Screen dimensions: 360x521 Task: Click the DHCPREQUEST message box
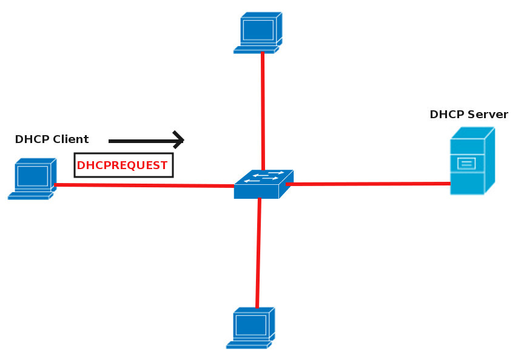click(x=123, y=165)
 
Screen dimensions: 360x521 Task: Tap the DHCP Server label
click(x=468, y=115)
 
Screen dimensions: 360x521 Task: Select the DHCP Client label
click(x=52, y=139)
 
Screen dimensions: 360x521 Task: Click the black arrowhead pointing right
click(x=178, y=140)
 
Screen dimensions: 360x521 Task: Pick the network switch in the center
click(x=263, y=184)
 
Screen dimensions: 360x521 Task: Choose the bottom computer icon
click(x=252, y=328)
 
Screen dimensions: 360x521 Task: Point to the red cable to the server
click(x=370, y=184)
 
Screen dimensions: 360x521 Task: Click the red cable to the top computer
click(x=263, y=109)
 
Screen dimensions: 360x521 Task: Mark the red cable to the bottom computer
click(x=258, y=255)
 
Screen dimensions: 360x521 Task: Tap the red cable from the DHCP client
click(x=146, y=185)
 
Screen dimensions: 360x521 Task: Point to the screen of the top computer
click(x=257, y=29)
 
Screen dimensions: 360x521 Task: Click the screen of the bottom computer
click(x=250, y=325)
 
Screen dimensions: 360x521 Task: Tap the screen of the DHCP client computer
click(x=32, y=176)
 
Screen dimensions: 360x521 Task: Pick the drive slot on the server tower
click(x=466, y=162)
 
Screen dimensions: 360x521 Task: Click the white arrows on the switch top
click(x=267, y=176)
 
